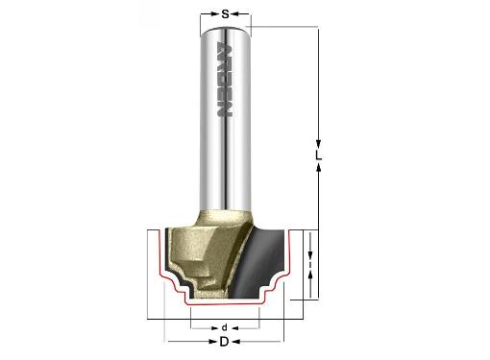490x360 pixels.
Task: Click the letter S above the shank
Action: [226, 14]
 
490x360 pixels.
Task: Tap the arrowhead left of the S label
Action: [214, 13]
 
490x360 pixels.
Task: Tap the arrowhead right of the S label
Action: [235, 13]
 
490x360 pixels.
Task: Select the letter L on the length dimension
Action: [318, 156]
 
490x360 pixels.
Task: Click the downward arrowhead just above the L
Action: [318, 144]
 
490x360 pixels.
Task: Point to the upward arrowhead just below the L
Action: [318, 167]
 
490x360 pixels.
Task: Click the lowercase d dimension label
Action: [225, 327]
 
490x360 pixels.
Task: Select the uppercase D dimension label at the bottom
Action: [224, 342]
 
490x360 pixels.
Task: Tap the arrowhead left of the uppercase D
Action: [213, 342]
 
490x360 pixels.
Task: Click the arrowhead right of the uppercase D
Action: [235, 342]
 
